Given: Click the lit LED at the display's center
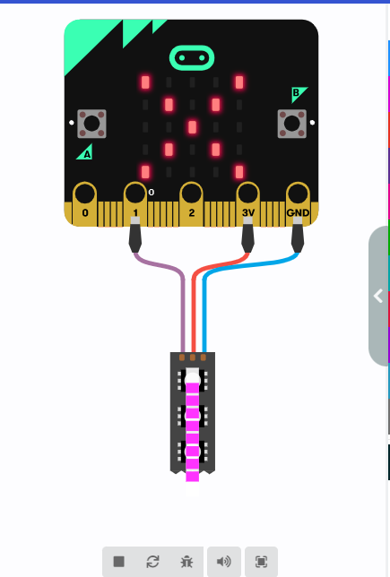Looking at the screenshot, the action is (192, 127).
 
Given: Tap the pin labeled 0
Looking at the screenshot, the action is (85, 203).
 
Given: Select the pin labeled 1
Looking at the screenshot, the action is (135, 203).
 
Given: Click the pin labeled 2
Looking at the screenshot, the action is (191, 203).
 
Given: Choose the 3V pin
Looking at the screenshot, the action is (247, 203).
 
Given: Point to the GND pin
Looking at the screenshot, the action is (298, 203).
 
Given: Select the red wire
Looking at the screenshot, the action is (194, 295).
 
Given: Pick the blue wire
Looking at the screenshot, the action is (204, 295).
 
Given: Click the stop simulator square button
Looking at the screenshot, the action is (119, 562).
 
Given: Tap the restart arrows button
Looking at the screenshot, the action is (152, 562).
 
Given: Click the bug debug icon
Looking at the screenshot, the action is (186, 562).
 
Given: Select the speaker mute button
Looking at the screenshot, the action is (224, 562).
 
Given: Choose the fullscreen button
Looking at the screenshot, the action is (261, 562).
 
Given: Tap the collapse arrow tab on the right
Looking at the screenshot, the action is (378, 296).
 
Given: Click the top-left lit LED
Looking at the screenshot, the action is (145, 82).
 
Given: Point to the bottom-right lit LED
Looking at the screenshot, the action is (239, 172).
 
